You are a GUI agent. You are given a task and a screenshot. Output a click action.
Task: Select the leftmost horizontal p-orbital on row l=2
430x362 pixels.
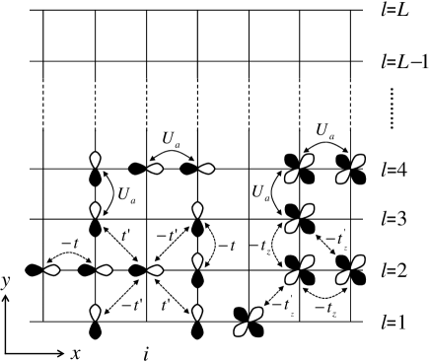(44, 269)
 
